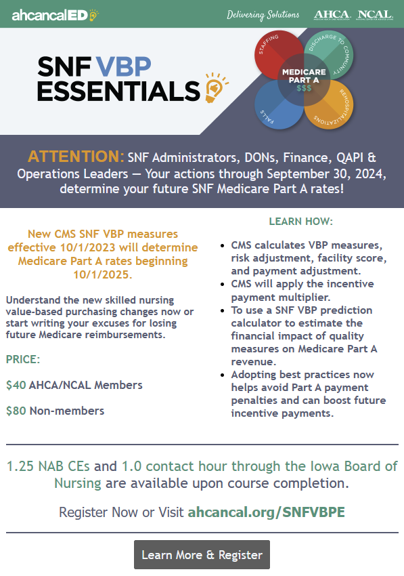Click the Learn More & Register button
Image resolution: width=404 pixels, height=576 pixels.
(x=202, y=554)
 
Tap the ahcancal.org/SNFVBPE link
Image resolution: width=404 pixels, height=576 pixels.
(x=267, y=512)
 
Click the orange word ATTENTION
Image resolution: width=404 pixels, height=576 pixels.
(x=76, y=157)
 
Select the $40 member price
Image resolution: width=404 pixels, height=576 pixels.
(x=16, y=385)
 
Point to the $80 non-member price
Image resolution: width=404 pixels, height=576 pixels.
(x=16, y=411)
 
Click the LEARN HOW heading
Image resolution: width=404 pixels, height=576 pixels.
(x=301, y=222)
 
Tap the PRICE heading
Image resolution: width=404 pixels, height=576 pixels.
(x=23, y=359)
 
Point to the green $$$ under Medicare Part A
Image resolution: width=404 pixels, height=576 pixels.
(x=304, y=88)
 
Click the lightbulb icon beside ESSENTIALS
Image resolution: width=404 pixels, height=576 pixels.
(x=216, y=87)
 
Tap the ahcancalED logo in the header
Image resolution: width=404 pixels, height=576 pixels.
(x=55, y=15)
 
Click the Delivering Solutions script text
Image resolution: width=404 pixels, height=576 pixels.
(x=263, y=15)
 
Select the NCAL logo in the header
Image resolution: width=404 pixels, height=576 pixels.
(x=375, y=15)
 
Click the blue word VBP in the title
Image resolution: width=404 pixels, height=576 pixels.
(x=124, y=66)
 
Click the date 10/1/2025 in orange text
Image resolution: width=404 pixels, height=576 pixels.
(x=103, y=274)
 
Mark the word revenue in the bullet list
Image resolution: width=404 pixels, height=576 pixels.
(x=254, y=362)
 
